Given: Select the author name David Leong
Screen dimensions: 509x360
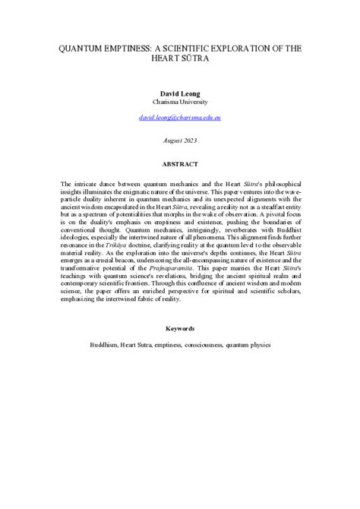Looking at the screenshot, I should pos(179,92).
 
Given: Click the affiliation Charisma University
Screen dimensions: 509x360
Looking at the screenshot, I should pos(179,101).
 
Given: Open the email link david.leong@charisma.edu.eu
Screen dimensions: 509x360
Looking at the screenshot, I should pos(179,119).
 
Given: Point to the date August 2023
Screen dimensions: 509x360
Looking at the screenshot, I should pos(179,141).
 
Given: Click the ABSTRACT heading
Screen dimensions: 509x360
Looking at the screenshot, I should pos(180,164).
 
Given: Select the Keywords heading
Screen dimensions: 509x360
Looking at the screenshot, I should pos(180,328).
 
